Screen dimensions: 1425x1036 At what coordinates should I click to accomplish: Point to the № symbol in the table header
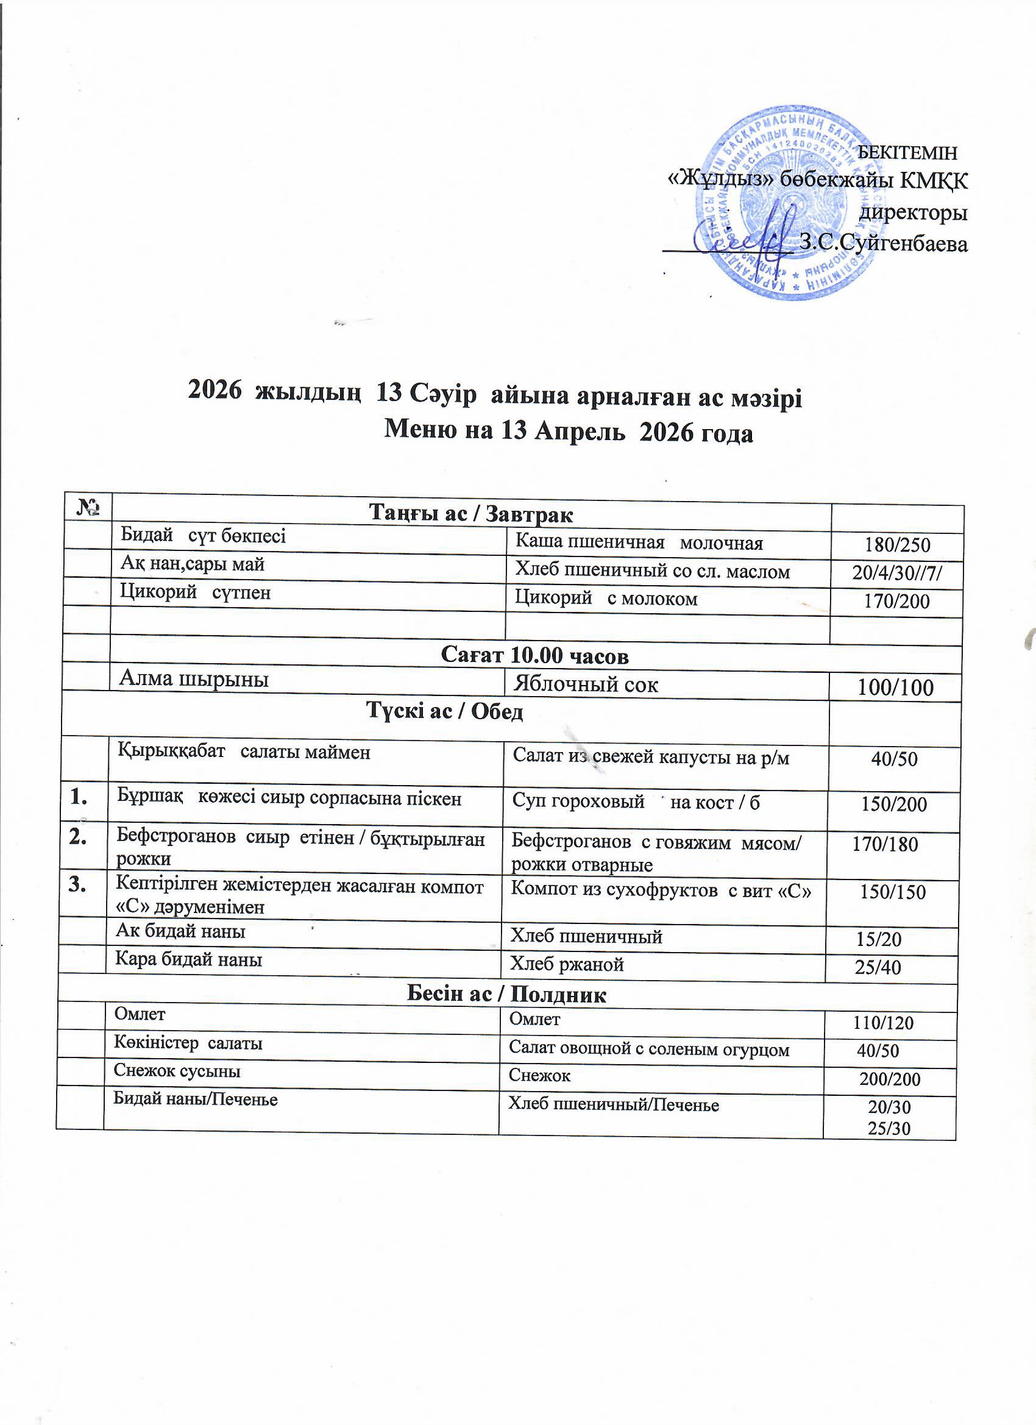[88, 508]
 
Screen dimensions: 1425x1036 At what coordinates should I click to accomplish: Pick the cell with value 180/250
[896, 545]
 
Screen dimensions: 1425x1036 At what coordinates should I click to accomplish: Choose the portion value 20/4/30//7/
[897, 573]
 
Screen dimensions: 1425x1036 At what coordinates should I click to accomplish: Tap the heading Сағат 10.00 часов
[534, 656]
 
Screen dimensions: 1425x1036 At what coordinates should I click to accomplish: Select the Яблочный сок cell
[586, 684]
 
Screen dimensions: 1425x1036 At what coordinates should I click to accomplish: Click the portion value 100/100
[895, 688]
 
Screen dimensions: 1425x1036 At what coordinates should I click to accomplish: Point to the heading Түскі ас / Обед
[444, 712]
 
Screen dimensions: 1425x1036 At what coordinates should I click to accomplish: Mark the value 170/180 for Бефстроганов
[885, 844]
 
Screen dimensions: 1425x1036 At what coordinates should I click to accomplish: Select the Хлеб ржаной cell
[567, 964]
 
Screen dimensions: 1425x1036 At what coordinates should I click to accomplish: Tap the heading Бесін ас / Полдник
[506, 995]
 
